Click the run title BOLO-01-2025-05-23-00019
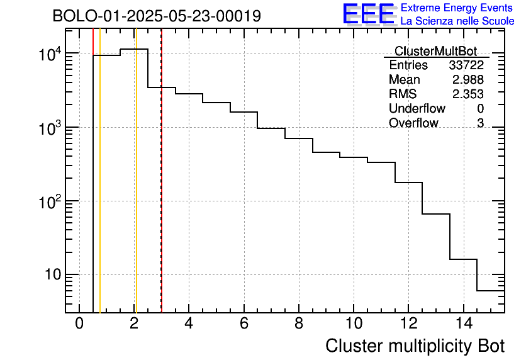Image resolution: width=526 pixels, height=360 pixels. coord(156,16)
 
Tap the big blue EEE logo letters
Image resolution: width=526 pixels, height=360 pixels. coord(369,14)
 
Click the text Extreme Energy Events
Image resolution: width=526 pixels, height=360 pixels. coord(457,8)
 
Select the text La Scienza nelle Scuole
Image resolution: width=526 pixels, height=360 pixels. coord(457,21)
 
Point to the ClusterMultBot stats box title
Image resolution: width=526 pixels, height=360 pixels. coord(435,51)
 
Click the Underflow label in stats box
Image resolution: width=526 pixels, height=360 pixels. coord(417,109)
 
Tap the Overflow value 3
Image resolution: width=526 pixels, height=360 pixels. coord(480,123)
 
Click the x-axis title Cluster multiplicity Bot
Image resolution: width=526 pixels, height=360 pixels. coord(415,346)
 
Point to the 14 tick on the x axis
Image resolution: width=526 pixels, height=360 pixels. coord(463,324)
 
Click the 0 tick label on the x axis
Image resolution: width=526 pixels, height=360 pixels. coord(79,324)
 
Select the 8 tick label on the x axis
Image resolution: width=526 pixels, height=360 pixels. coord(299,324)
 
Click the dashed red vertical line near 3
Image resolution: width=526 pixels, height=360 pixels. coord(162,189)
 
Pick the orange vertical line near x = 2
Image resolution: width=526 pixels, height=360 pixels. coord(135,189)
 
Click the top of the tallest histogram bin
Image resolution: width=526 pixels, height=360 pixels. coord(134,49)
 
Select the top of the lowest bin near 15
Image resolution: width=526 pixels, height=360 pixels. coord(490,291)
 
